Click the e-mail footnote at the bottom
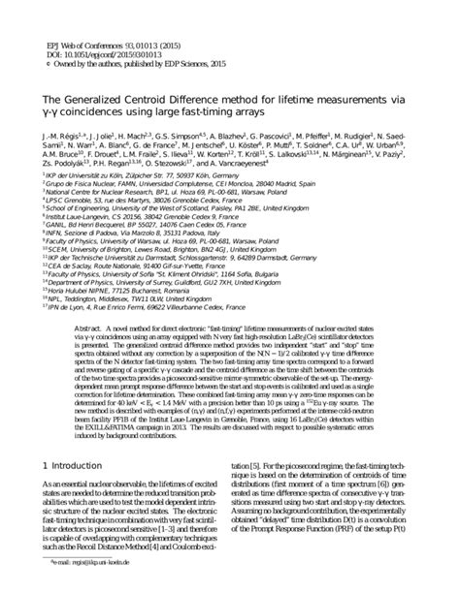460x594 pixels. click(98, 587)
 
